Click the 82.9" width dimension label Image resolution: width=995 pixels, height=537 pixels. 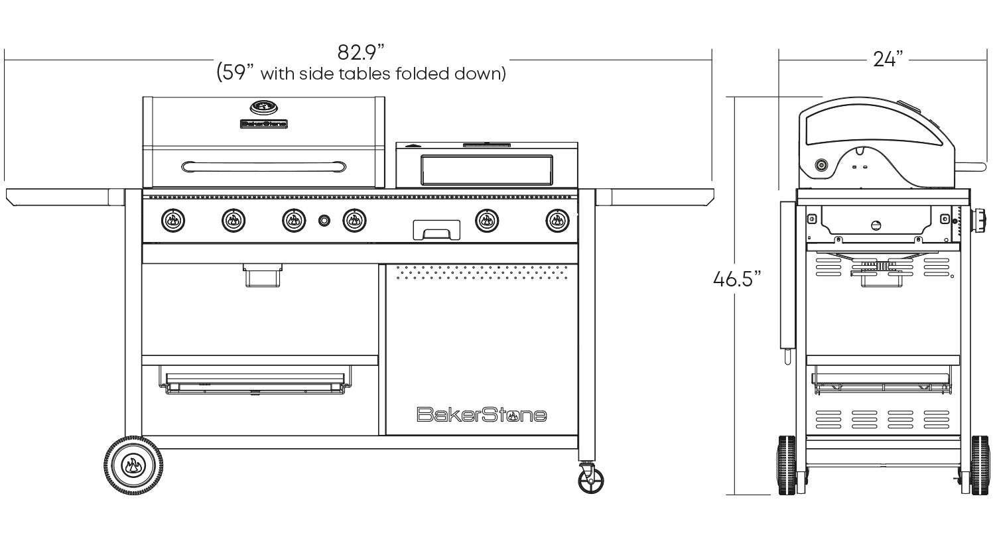(x=360, y=52)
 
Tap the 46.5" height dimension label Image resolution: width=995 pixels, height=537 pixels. (x=737, y=279)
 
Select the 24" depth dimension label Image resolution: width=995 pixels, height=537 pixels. (x=888, y=60)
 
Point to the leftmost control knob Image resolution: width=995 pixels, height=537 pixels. (x=173, y=220)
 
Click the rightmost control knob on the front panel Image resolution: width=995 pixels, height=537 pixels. (x=557, y=221)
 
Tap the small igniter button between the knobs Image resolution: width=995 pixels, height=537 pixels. (x=324, y=220)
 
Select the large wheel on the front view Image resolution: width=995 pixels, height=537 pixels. (x=133, y=465)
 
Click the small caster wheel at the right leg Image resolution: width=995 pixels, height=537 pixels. (x=591, y=480)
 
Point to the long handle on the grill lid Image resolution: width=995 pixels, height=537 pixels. (x=264, y=167)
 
